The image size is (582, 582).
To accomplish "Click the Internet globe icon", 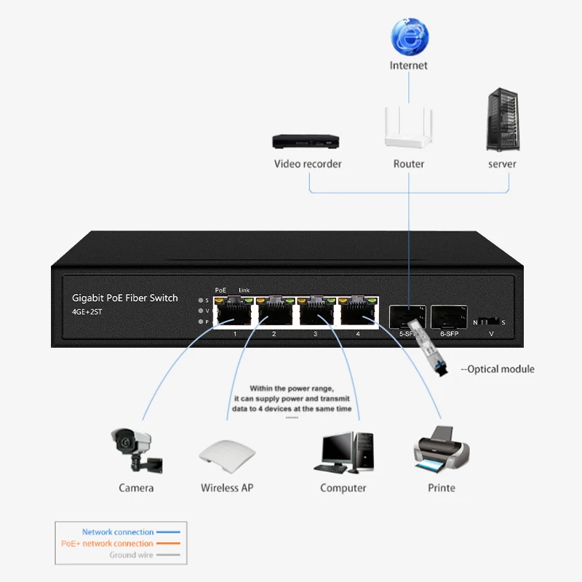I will point(410,37).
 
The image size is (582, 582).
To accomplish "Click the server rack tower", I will point(502,120).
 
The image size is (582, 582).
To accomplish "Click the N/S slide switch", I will point(490,321).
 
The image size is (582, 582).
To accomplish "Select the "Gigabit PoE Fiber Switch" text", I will point(124,298).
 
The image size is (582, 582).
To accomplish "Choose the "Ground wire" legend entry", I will point(132,555).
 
